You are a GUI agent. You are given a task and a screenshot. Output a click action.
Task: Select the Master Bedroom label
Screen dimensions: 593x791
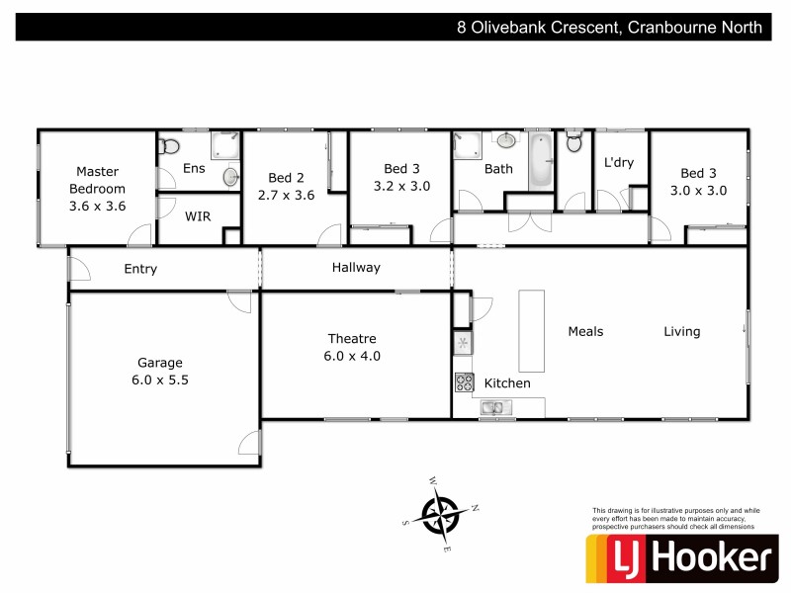point(97,180)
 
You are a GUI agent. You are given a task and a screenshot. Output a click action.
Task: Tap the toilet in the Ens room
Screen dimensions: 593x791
point(169,146)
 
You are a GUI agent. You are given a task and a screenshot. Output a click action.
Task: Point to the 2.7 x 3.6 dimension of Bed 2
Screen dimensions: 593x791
point(286,195)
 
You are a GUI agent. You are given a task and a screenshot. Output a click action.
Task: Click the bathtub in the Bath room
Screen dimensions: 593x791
point(539,163)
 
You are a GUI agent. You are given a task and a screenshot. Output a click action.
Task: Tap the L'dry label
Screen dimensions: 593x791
point(618,163)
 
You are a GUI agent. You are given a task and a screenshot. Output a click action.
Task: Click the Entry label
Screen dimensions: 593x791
point(140,269)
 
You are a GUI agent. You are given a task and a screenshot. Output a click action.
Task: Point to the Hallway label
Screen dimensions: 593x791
point(356,268)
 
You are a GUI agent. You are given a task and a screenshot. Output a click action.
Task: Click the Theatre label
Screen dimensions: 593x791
point(353,339)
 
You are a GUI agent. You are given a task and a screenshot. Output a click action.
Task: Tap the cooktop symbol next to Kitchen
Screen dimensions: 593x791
point(464,381)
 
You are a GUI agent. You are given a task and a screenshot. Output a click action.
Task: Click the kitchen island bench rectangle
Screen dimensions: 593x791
point(531,330)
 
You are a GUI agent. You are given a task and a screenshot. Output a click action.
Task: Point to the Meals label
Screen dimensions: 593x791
point(585,332)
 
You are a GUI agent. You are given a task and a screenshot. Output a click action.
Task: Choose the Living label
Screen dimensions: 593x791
point(681,332)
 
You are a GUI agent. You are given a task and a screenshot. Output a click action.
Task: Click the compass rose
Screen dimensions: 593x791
point(440,513)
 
